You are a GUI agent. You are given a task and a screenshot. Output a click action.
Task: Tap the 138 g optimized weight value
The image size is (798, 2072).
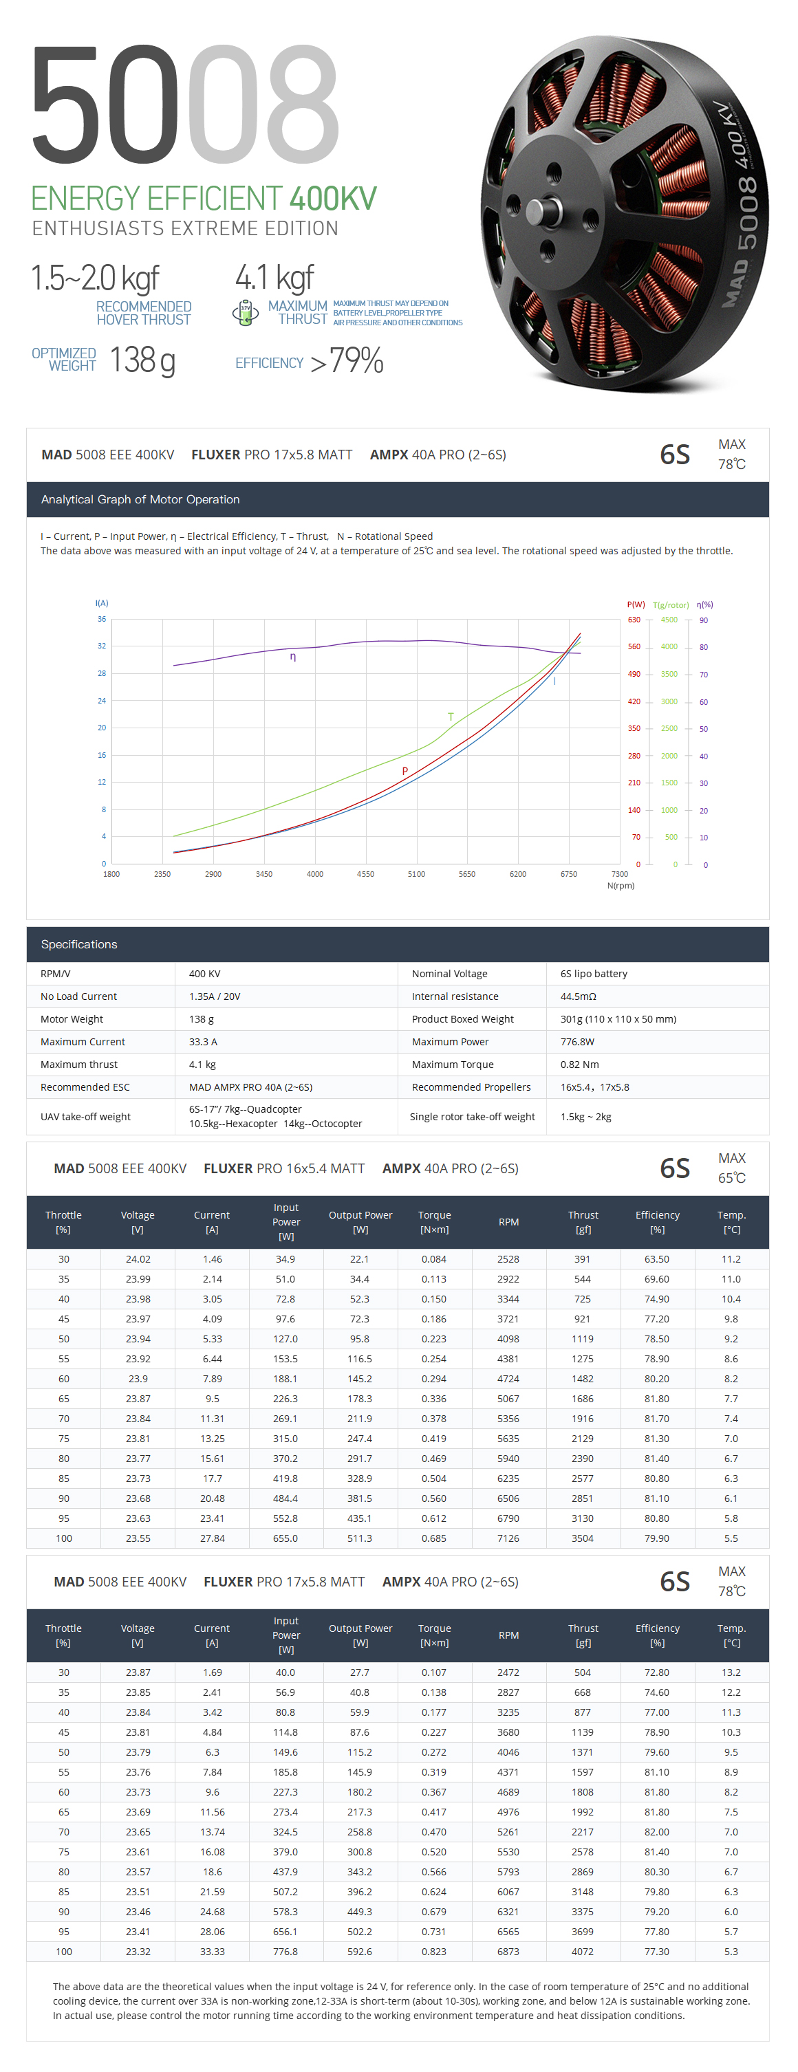tap(142, 360)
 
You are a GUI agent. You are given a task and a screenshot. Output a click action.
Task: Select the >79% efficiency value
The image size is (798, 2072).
tap(347, 361)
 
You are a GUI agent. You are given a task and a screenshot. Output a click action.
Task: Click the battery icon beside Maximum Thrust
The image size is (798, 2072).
tap(246, 312)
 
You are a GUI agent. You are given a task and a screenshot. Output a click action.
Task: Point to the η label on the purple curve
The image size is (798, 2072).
tap(293, 657)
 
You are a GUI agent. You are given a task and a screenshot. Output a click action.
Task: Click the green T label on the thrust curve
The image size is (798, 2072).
tap(451, 717)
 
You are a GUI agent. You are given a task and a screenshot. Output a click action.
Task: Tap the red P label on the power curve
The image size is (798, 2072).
tap(405, 771)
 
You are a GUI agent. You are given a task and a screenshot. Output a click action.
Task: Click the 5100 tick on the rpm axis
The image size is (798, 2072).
tap(416, 873)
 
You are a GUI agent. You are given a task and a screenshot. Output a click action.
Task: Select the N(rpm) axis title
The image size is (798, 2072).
tap(621, 886)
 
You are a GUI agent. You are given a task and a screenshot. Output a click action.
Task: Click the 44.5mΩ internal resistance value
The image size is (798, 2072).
tap(578, 996)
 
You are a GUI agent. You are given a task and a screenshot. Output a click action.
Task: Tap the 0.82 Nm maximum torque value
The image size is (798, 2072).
tap(579, 1064)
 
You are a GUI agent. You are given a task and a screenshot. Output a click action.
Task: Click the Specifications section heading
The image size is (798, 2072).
tap(79, 944)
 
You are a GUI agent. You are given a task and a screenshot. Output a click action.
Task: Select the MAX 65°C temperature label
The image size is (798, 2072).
tap(731, 1168)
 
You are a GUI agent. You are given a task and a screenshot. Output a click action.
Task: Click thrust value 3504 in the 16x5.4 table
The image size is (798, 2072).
tap(583, 1538)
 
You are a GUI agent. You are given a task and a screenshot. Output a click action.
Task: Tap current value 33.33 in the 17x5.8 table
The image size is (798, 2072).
tap(213, 1952)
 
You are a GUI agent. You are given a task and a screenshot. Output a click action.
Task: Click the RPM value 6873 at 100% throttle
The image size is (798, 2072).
tap(508, 1952)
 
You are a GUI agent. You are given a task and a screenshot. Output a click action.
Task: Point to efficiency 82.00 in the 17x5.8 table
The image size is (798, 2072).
tap(656, 1831)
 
